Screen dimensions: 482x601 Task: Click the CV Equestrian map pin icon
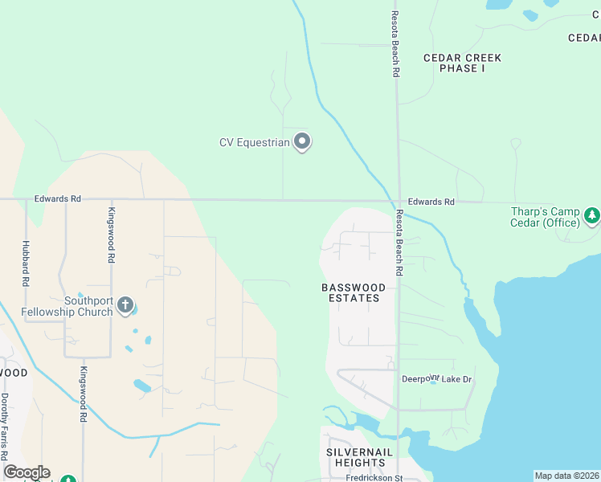click(x=303, y=141)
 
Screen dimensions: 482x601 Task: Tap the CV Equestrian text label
click(x=254, y=143)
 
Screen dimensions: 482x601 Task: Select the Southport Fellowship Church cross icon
click(x=125, y=304)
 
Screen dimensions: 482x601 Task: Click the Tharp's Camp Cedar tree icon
click(x=592, y=214)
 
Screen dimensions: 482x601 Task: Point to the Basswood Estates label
click(x=354, y=292)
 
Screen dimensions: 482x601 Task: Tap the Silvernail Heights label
click(x=360, y=457)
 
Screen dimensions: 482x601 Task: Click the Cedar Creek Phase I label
click(x=462, y=63)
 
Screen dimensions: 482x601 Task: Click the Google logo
click(x=27, y=472)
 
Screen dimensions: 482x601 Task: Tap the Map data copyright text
click(x=567, y=476)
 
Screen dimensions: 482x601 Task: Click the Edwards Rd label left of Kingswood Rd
click(x=57, y=198)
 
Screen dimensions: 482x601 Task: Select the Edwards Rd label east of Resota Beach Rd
click(x=431, y=202)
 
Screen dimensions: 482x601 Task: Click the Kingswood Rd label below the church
click(x=82, y=394)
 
